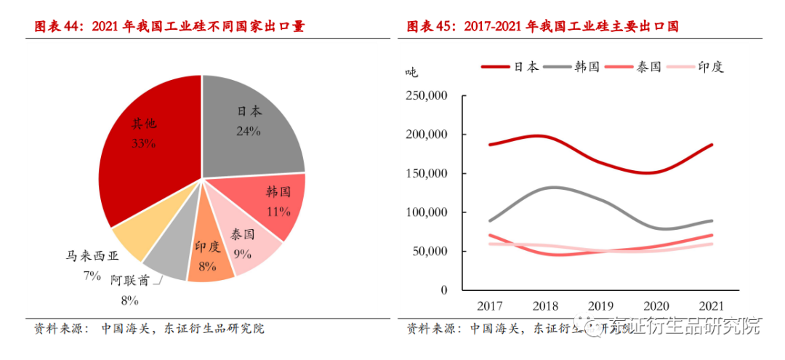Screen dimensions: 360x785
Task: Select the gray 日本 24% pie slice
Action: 251,124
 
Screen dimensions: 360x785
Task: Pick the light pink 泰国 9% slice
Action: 247,247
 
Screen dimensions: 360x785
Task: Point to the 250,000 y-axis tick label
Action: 427,96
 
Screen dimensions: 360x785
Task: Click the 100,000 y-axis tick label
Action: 427,212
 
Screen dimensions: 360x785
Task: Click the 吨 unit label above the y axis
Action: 411,72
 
